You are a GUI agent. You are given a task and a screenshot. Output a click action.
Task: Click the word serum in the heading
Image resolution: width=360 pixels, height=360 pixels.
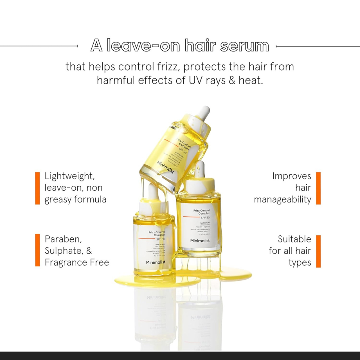point(244,46)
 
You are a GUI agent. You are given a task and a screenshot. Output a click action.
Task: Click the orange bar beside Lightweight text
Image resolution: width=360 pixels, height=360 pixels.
point(37,188)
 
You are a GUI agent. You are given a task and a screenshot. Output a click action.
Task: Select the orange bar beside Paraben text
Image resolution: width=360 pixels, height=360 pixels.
point(37,250)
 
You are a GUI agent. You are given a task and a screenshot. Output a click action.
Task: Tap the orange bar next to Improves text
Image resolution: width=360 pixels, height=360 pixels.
point(318,188)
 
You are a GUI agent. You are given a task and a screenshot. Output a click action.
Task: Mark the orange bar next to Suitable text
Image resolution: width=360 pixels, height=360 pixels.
point(318,251)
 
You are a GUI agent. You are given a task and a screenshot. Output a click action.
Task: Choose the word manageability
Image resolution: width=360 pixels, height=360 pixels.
point(283,200)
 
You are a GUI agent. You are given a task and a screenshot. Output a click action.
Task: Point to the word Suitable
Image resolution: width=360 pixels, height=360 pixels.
point(294,239)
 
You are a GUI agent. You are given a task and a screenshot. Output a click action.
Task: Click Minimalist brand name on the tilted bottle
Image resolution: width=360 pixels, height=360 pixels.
point(165,167)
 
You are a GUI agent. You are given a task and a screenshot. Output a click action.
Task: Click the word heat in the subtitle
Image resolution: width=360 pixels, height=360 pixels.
point(251,80)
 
